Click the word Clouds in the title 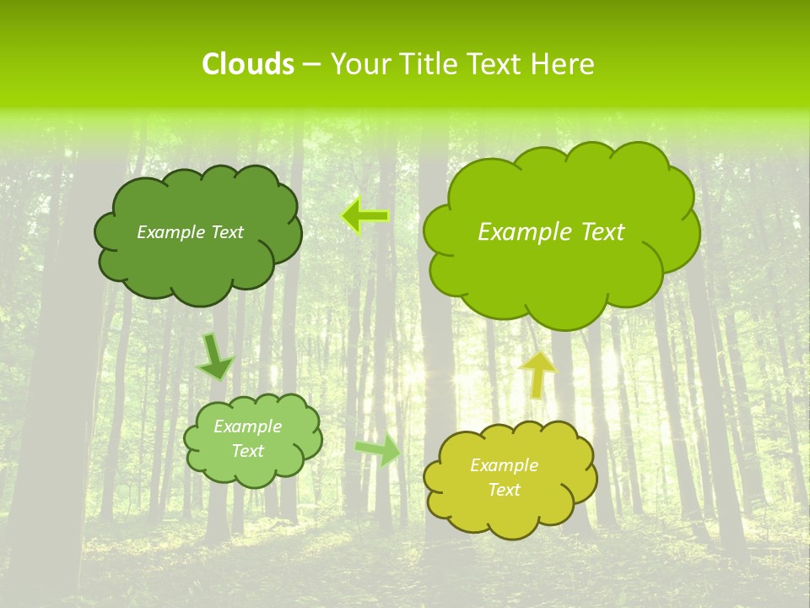click(247, 64)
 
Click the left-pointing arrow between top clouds click(364, 216)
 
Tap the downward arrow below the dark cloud click(215, 357)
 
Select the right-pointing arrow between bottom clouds click(379, 450)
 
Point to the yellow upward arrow click(537, 374)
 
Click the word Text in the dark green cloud click(226, 232)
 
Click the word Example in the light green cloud click(248, 426)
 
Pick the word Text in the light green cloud click(248, 451)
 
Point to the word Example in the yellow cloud click(504, 465)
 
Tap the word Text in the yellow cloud click(504, 490)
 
